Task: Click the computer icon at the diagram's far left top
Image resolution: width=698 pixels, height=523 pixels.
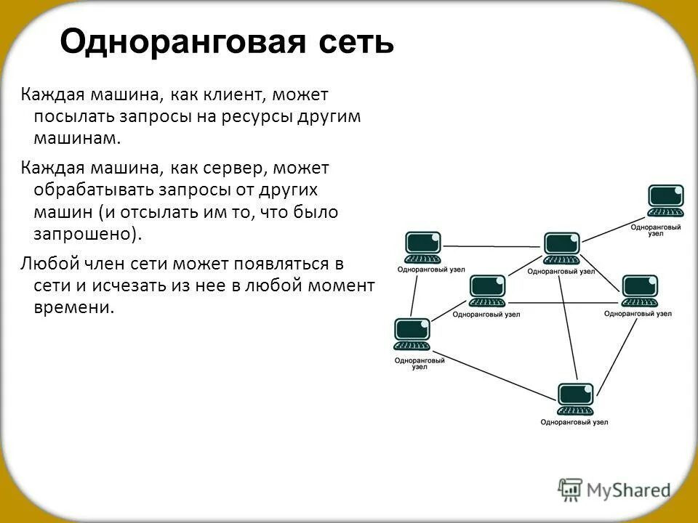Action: pyautogui.click(x=422, y=248)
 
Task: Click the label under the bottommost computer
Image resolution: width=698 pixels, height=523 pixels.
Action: pyautogui.click(x=574, y=423)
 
